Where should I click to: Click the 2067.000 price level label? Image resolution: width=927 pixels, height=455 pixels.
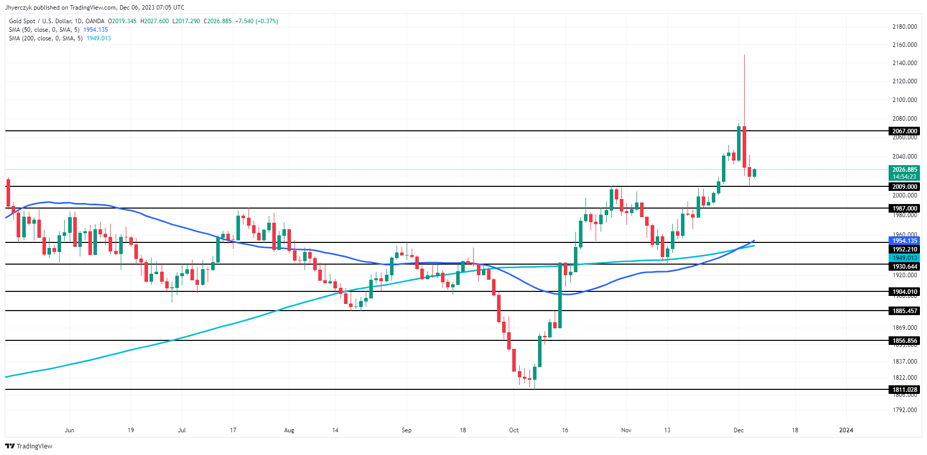tap(904, 131)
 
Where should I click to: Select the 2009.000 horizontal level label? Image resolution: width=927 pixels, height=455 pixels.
tap(904, 187)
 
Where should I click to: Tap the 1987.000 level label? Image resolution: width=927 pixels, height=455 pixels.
tap(904, 209)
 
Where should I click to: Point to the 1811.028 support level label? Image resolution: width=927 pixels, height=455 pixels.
tap(904, 390)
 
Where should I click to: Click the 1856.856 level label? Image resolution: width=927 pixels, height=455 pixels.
tap(904, 341)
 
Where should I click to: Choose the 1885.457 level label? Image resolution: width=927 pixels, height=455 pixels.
tap(904, 311)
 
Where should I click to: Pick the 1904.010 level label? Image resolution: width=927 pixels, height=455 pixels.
tap(904, 292)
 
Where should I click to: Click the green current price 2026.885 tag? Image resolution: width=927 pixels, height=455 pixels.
tap(904, 170)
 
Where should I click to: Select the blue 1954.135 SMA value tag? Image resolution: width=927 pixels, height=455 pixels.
tap(904, 241)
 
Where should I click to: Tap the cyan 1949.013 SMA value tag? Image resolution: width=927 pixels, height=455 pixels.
tap(904, 258)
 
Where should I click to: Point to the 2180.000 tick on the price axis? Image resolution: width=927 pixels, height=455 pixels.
tap(904, 27)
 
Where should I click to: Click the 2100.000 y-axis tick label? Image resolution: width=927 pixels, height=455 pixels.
tap(904, 100)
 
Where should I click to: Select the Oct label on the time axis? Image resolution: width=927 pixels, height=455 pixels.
tap(514, 430)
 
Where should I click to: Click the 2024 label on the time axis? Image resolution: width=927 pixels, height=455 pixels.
tap(846, 430)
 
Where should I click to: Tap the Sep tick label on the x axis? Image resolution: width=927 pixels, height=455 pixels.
tap(407, 430)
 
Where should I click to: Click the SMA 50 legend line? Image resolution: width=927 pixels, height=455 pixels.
tap(44, 30)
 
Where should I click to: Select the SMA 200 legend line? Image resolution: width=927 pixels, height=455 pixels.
tap(46, 38)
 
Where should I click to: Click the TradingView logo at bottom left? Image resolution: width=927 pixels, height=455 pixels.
tap(29, 446)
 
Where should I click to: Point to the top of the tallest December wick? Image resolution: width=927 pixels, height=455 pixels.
tap(744, 55)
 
